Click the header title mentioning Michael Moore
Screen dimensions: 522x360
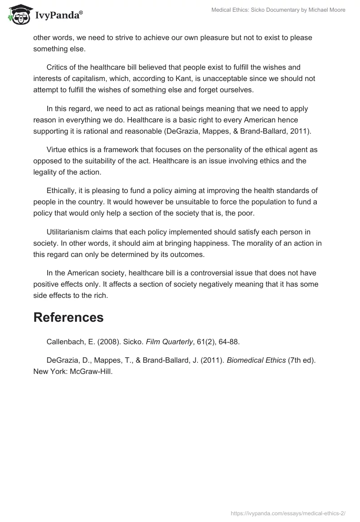[278, 10]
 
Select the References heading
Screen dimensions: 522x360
[68, 317]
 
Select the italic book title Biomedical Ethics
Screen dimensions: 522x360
[256, 360]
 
